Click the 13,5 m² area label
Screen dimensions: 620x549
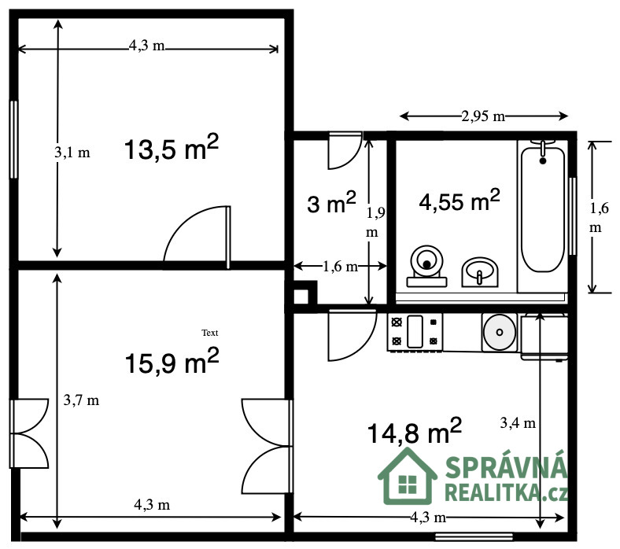click(172, 147)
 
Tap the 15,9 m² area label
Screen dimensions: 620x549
click(172, 360)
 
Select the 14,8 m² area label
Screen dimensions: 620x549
click(415, 430)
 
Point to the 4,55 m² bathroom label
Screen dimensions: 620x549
click(459, 200)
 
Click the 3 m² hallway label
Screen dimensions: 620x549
click(332, 202)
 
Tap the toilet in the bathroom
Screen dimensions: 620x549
click(426, 266)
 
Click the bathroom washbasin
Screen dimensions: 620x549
click(480, 272)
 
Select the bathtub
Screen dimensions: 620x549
click(543, 206)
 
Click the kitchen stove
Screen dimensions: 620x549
click(415, 332)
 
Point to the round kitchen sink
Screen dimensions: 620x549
click(500, 332)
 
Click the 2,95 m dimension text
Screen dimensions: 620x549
click(483, 116)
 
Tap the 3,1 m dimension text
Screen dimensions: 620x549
click(72, 152)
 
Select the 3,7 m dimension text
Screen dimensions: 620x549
click(82, 400)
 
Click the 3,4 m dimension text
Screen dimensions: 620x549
click(518, 423)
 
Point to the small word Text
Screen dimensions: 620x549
click(210, 333)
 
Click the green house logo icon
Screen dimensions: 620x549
click(408, 477)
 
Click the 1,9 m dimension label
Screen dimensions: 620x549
click(375, 223)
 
